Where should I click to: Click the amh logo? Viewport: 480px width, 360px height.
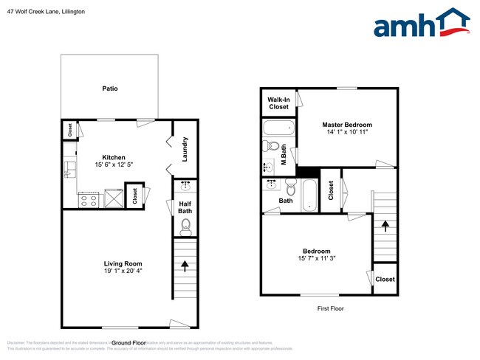(x=422, y=24)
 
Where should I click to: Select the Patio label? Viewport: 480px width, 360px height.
(x=110, y=89)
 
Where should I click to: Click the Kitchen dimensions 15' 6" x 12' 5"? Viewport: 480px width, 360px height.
(x=114, y=165)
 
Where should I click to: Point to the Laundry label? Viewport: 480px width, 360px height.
(x=185, y=150)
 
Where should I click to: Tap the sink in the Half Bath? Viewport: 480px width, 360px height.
(x=185, y=185)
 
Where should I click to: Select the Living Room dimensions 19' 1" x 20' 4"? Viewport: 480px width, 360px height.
(x=123, y=271)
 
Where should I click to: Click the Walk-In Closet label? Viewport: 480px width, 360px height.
(x=278, y=103)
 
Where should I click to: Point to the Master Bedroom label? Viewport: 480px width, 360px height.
(x=347, y=125)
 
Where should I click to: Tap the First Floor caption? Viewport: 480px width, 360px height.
(x=330, y=309)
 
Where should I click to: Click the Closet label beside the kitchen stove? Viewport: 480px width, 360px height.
(x=135, y=195)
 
